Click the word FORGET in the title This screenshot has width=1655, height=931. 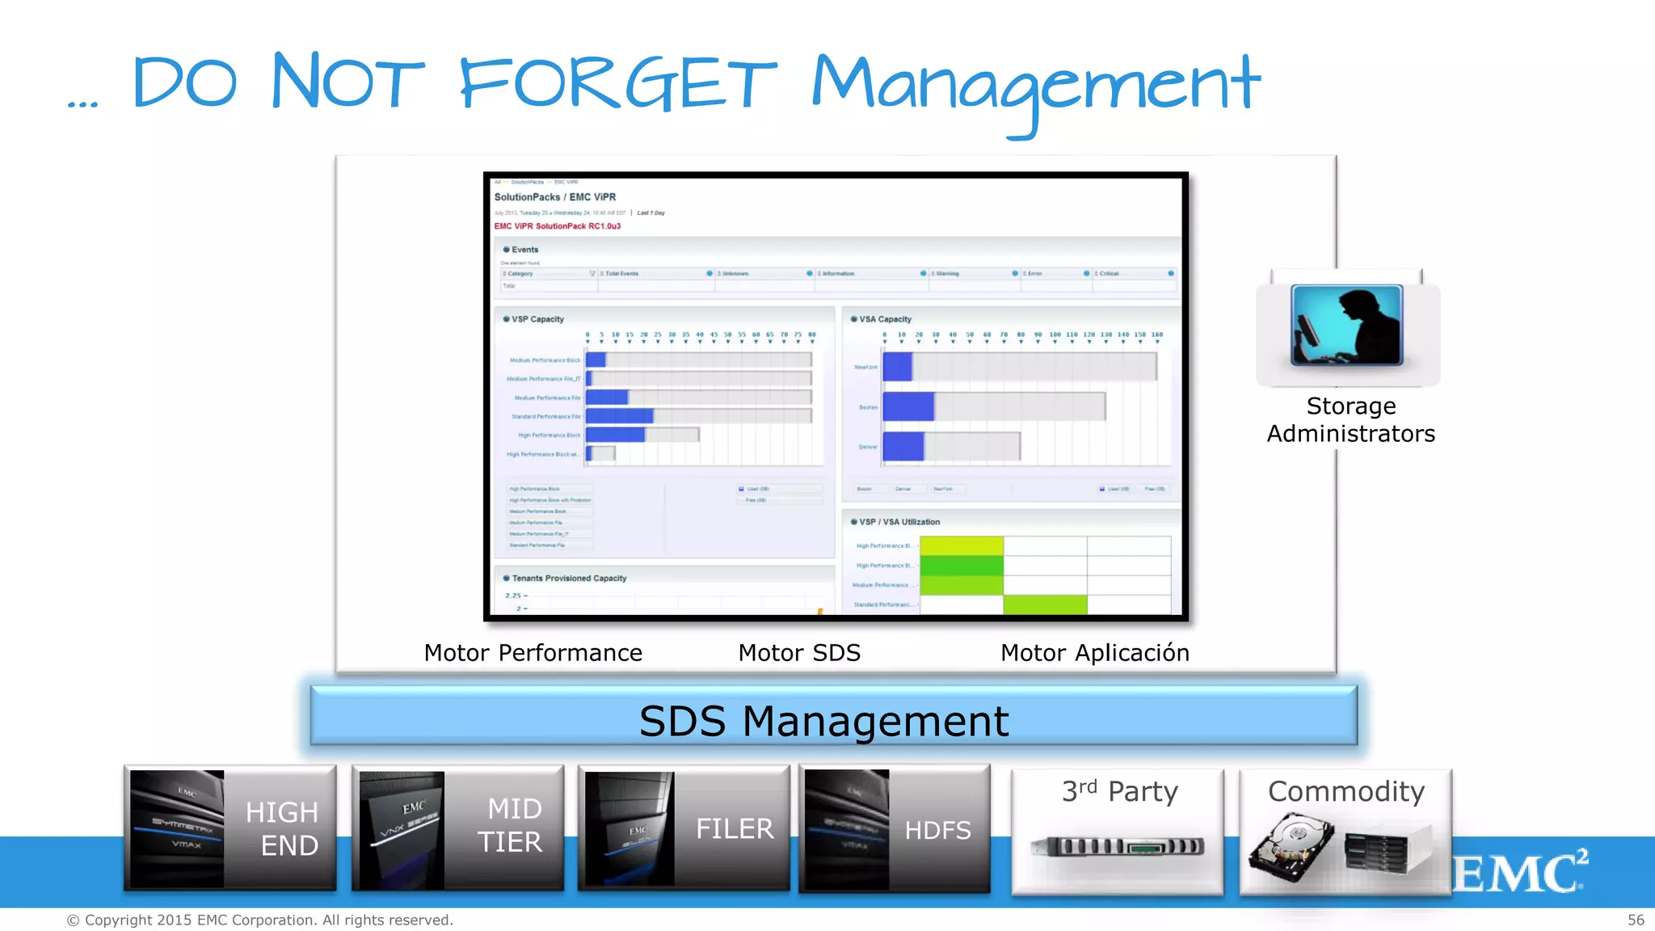(x=617, y=83)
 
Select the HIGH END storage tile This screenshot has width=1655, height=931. (x=230, y=828)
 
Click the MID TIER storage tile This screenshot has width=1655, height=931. (x=457, y=828)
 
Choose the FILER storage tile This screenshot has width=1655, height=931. (x=684, y=828)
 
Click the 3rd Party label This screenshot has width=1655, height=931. (x=1119, y=791)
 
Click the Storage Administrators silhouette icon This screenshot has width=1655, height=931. (x=1346, y=326)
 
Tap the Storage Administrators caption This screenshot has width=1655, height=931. (x=1350, y=419)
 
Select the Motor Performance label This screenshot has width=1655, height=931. (x=533, y=653)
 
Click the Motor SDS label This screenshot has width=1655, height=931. (x=799, y=653)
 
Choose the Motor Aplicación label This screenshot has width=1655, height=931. (x=1094, y=653)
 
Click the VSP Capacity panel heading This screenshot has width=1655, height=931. (x=537, y=319)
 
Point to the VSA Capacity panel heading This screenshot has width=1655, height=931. (x=885, y=319)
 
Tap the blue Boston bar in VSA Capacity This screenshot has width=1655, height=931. (x=908, y=407)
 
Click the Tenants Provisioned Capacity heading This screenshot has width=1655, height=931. (x=569, y=579)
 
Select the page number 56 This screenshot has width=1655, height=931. (x=1636, y=920)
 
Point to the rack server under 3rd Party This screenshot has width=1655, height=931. (x=1118, y=846)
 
